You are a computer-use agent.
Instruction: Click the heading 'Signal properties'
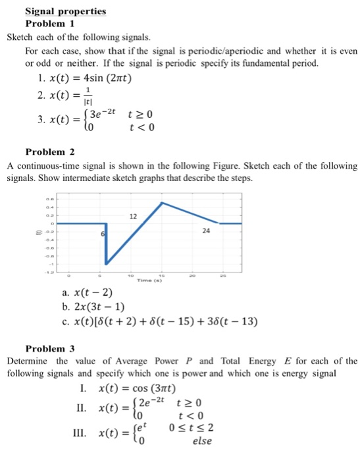tap(64, 11)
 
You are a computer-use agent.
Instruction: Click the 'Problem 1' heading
tap(51, 23)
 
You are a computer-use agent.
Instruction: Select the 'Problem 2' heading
tap(51, 151)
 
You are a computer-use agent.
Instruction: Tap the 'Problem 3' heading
tap(51, 348)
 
